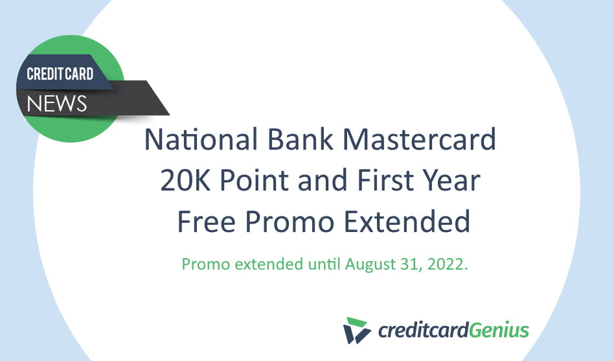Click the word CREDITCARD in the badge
60,74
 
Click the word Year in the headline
454,181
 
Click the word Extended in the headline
407,222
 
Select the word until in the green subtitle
324,264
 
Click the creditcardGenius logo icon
357,329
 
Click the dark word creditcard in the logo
422,331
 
